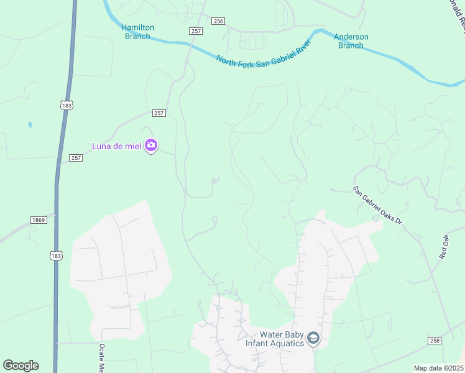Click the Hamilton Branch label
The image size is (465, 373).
(x=137, y=32)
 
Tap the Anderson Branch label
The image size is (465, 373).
(x=351, y=41)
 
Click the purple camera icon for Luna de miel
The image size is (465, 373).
(x=150, y=145)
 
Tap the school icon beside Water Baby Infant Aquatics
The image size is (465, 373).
(x=313, y=339)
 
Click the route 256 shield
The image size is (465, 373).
(x=218, y=21)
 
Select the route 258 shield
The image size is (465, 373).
(x=435, y=340)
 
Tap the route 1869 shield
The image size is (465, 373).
(x=38, y=220)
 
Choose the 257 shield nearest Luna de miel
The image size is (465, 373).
(x=159, y=113)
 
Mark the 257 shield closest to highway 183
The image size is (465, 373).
(x=76, y=158)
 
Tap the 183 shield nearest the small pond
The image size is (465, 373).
(x=67, y=106)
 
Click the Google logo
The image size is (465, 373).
(x=21, y=366)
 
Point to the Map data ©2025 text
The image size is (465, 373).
(x=438, y=368)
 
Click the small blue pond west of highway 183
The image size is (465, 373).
(x=30, y=124)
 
